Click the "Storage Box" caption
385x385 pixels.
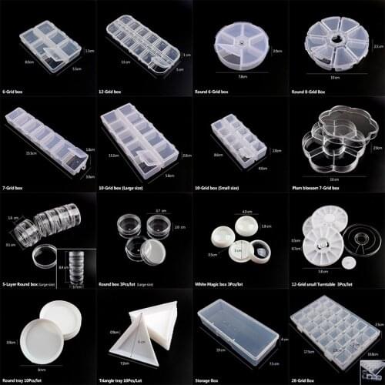212,379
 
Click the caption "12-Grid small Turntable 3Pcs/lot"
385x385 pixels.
326,283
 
